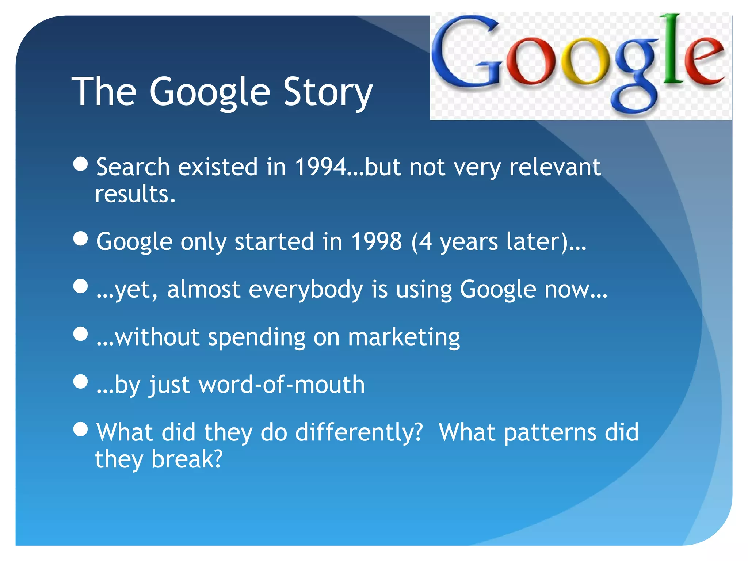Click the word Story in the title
[x=327, y=92]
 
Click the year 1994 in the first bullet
[x=320, y=167]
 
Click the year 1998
[x=376, y=241]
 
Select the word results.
[x=135, y=194]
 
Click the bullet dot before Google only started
[x=80, y=239]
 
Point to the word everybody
[x=306, y=289]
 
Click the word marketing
[x=404, y=337]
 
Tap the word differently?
[x=359, y=432]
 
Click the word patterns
[x=550, y=433]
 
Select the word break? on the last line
[x=187, y=459]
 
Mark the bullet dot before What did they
[x=80, y=430]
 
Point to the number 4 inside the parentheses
[x=424, y=241]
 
